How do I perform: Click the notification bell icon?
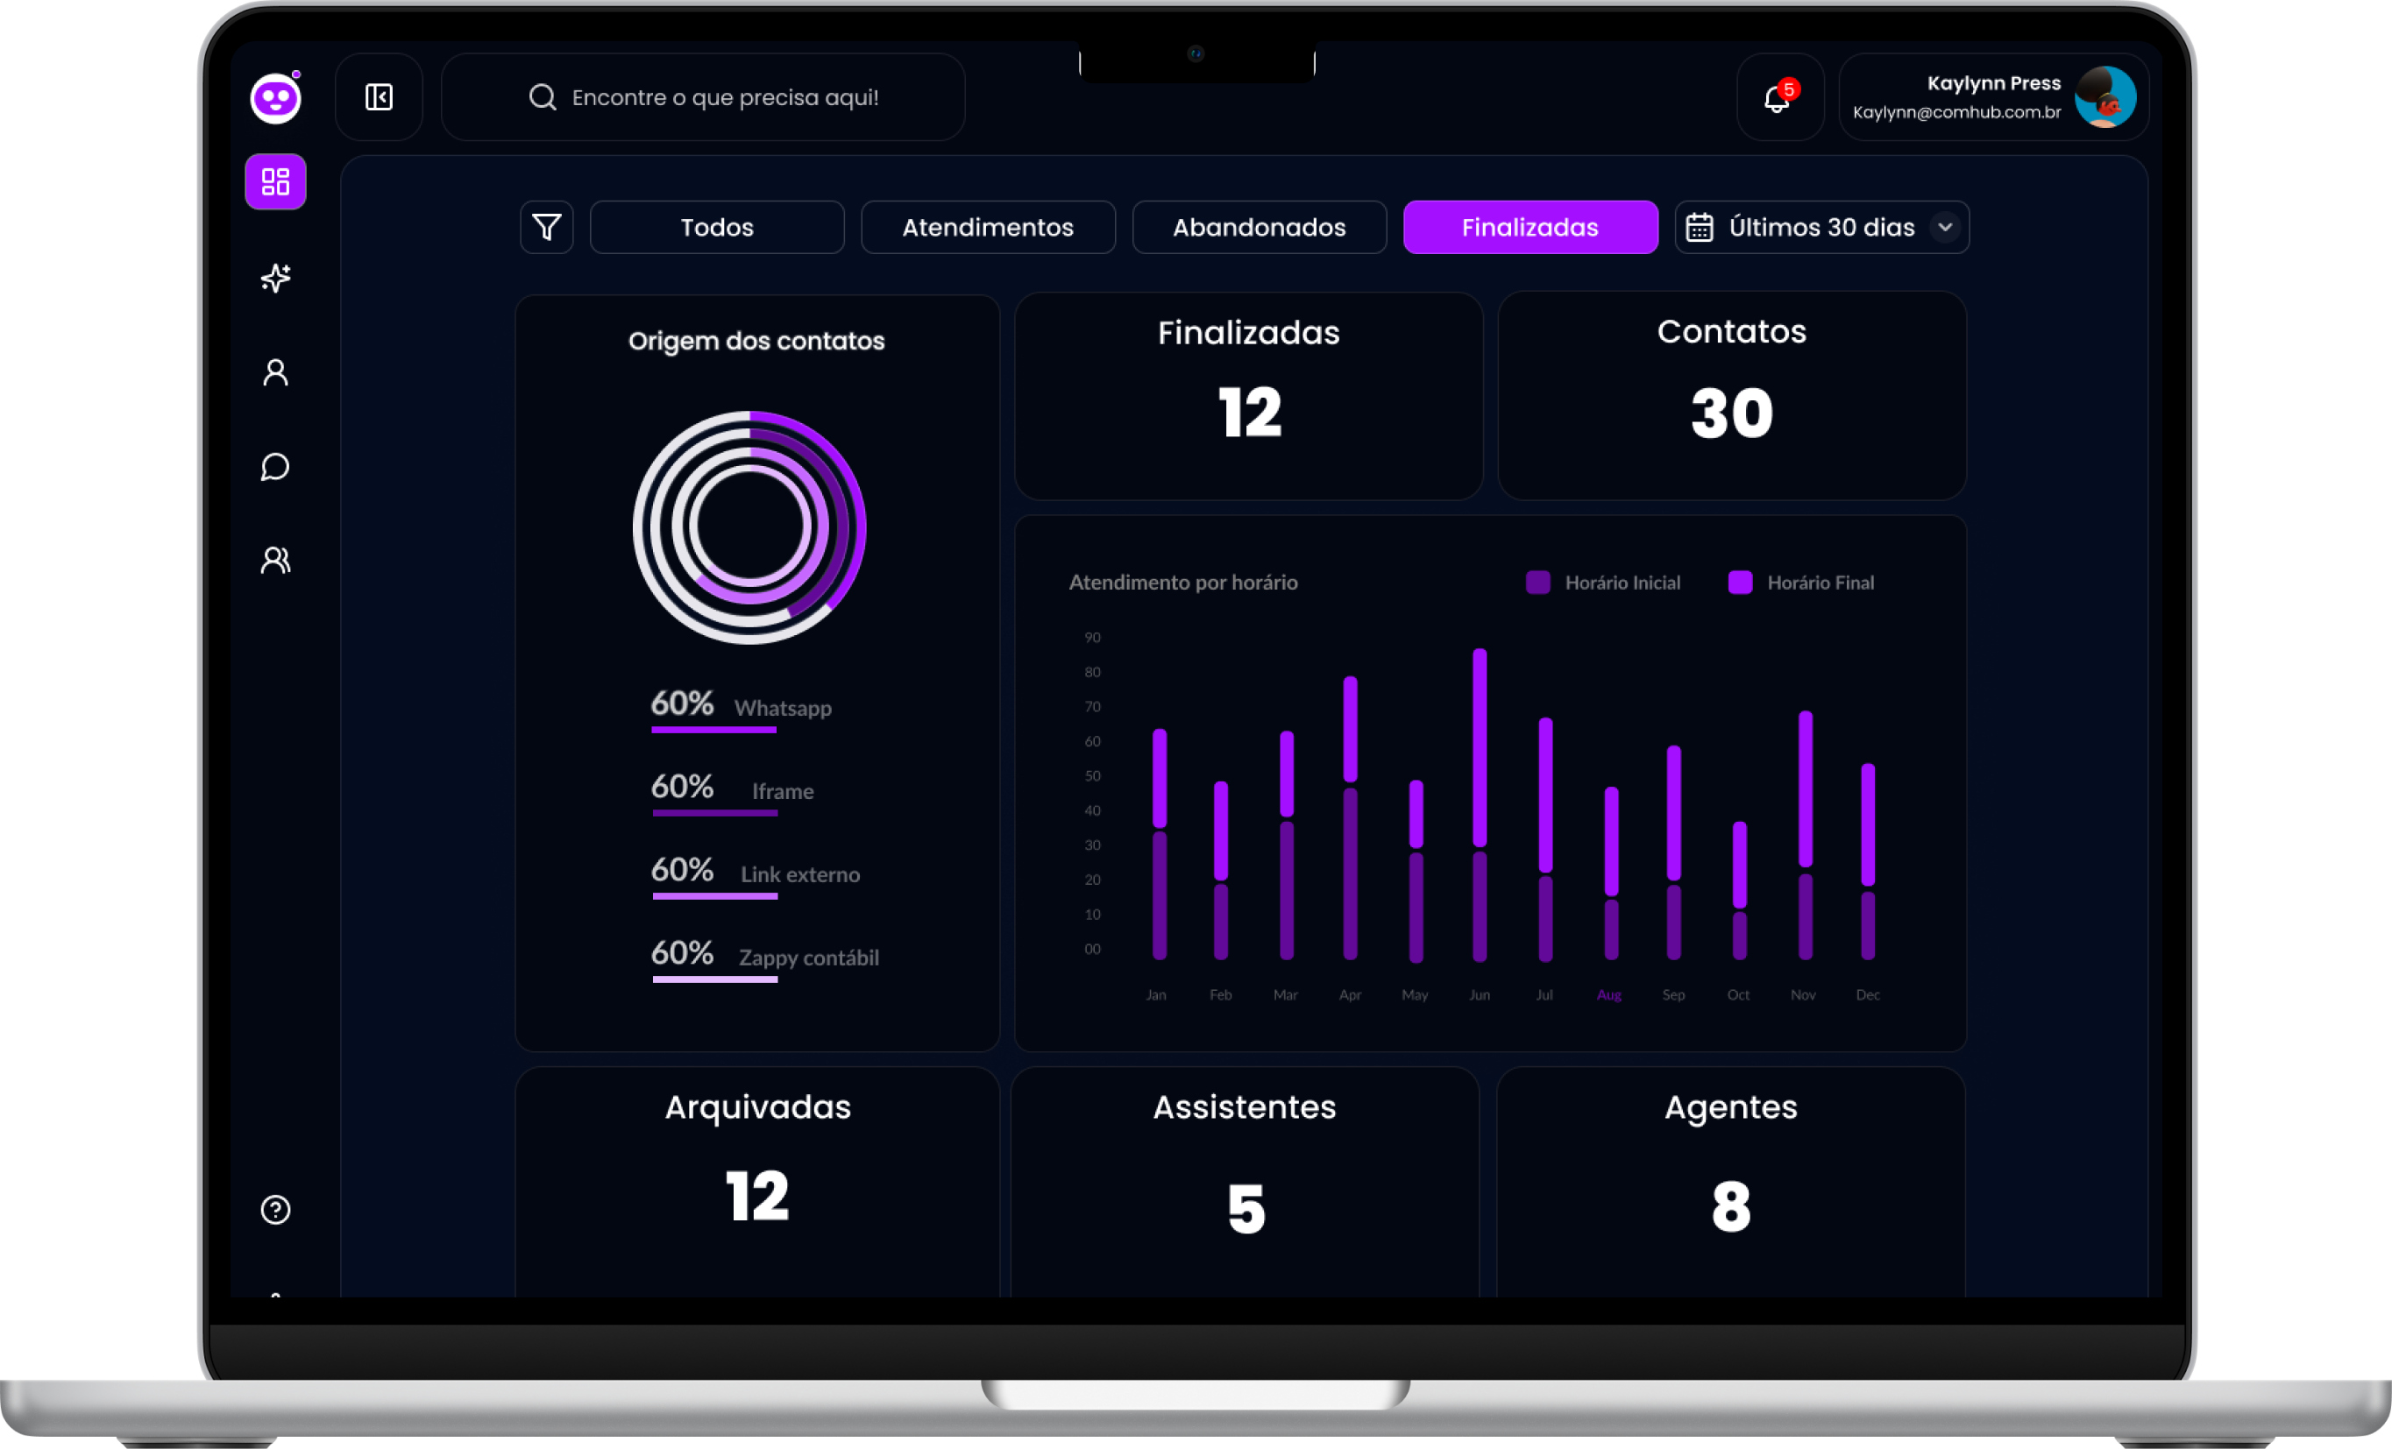click(1777, 98)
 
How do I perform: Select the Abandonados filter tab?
click(1259, 227)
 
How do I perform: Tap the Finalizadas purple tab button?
click(1530, 227)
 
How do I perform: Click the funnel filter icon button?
click(547, 227)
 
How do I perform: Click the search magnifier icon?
click(542, 97)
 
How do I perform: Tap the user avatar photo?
click(2105, 97)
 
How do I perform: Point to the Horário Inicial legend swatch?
click(1537, 583)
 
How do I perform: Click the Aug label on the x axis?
click(1608, 995)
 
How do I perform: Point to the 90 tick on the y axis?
click(1092, 638)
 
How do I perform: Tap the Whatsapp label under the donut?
click(783, 709)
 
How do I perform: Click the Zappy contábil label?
click(809, 958)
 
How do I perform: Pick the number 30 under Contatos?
click(1731, 414)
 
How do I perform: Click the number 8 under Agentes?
click(1731, 1207)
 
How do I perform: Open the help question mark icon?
click(276, 1209)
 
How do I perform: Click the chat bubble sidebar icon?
click(276, 467)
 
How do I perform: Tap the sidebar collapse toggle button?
click(379, 97)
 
